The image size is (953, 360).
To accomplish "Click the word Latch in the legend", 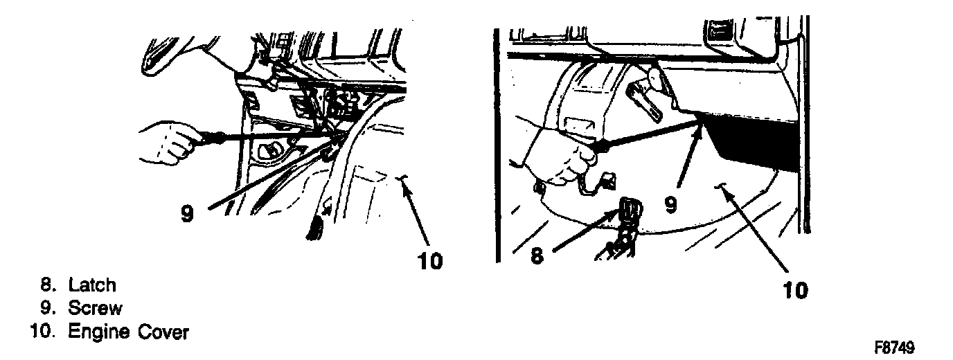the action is [92, 285].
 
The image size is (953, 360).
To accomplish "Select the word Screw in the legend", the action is [95, 308].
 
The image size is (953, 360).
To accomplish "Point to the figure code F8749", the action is [894, 348].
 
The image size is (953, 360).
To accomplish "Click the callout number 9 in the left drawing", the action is [187, 213].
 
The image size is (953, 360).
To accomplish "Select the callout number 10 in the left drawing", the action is [430, 260].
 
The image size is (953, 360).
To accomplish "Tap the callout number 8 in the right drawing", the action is [537, 255].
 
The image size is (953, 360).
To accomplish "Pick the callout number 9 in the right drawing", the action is [670, 205].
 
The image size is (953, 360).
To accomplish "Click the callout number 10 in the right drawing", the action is [795, 291].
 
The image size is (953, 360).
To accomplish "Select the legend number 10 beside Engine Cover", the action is [42, 332].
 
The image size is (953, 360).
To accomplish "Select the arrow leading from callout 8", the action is [585, 230].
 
